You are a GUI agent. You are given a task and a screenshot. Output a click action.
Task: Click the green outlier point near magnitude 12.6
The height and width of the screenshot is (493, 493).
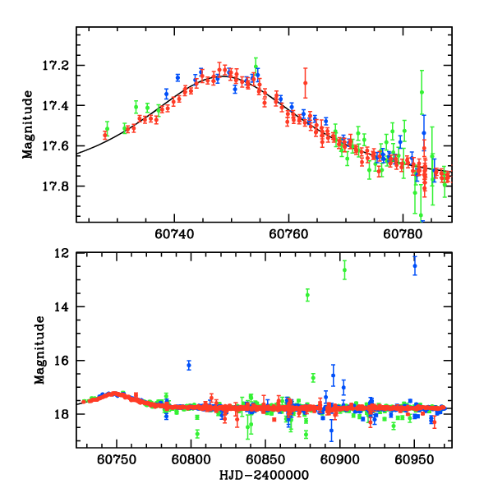tap(344, 270)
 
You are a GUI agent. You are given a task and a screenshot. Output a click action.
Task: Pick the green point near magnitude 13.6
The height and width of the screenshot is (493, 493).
tap(307, 295)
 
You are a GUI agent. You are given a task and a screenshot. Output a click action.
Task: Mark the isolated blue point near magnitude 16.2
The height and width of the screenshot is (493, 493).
tap(189, 365)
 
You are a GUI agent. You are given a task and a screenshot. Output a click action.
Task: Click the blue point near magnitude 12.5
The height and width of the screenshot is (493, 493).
tap(415, 265)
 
